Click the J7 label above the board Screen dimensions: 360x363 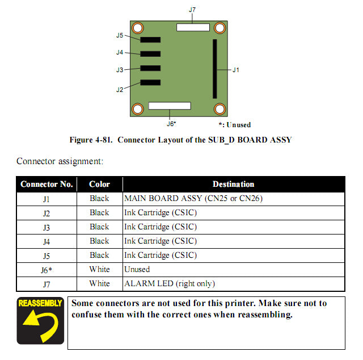click(x=192, y=10)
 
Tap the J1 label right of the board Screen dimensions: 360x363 click(x=235, y=70)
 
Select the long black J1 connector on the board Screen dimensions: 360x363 click(x=215, y=69)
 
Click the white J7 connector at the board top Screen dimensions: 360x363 click(x=193, y=27)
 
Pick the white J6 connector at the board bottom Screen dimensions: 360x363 click(x=170, y=106)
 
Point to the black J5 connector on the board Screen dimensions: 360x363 click(x=150, y=40)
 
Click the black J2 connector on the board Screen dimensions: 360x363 click(x=150, y=83)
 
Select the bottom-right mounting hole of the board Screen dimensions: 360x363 click(x=219, y=108)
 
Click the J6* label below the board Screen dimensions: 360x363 click(x=171, y=123)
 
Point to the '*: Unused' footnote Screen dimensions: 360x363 click(x=234, y=125)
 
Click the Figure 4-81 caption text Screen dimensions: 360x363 click(x=180, y=140)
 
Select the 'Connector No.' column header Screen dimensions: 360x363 click(x=47, y=184)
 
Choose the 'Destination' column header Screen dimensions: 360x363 click(x=233, y=184)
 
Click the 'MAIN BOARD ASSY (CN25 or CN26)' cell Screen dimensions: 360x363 click(x=193, y=199)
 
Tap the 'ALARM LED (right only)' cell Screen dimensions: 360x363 click(x=170, y=283)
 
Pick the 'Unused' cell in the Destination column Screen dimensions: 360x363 click(x=137, y=269)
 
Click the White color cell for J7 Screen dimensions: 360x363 click(x=99, y=283)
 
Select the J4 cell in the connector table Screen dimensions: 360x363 click(x=47, y=241)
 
